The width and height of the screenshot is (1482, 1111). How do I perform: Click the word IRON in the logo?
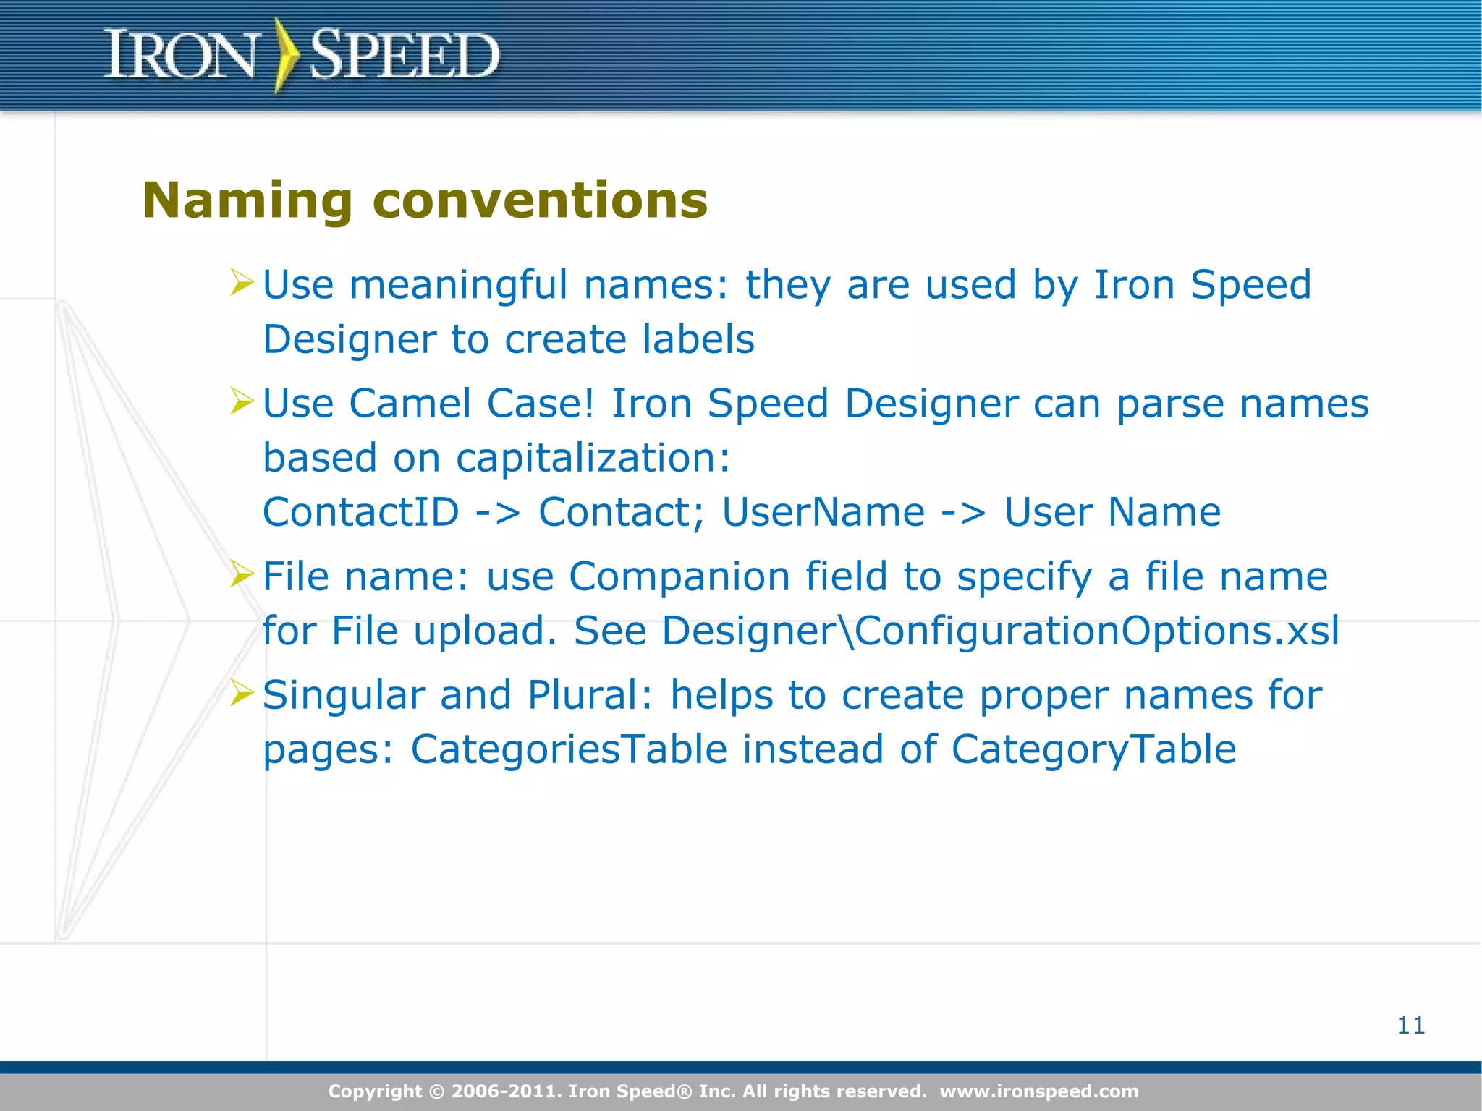pyautogui.click(x=180, y=55)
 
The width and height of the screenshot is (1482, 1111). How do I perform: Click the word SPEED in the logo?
pyautogui.click(x=404, y=55)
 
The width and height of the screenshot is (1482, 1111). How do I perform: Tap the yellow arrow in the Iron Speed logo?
pyautogui.click(x=286, y=55)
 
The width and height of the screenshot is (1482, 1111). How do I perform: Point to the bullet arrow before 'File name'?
pyautogui.click(x=242, y=574)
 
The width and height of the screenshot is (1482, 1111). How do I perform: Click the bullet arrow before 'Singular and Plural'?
pyautogui.click(x=242, y=692)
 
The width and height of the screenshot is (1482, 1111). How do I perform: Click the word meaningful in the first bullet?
pyautogui.click(x=458, y=286)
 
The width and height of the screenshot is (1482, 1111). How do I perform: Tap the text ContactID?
pyautogui.click(x=360, y=513)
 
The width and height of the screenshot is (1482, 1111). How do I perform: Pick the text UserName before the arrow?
pyautogui.click(x=823, y=513)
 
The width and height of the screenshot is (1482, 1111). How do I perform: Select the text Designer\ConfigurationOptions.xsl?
pyautogui.click(x=1000, y=631)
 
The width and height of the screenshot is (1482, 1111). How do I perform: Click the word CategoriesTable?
pyautogui.click(x=569, y=750)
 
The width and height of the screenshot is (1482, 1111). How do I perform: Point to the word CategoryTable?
pyautogui.click(x=1093, y=750)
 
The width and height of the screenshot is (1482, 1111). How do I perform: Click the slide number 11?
pyautogui.click(x=1411, y=1025)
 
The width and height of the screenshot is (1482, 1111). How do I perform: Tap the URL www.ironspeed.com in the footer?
pyautogui.click(x=1039, y=1091)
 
